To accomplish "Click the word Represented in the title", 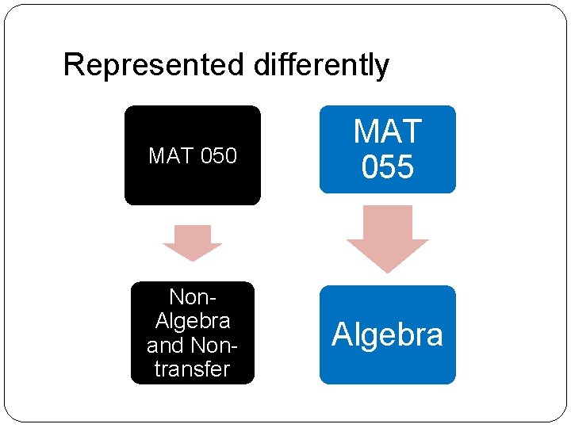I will point(155,65).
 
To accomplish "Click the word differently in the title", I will point(321,65).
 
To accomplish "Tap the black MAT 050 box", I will point(193,155).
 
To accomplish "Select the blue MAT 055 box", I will point(387,149).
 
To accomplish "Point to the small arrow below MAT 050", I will point(192,243).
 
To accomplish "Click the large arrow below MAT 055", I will point(387,239).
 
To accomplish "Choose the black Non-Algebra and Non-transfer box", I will point(193,333).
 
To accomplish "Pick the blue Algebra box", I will point(387,334).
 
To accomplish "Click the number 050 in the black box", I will point(218,156).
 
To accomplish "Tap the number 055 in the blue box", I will point(387,167).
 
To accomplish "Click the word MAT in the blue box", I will point(387,132).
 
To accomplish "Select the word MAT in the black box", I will point(171,156).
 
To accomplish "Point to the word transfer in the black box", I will point(192,369).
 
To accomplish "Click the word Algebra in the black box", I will point(193,321).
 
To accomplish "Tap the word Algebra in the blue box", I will point(387,334).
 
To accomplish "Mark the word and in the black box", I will point(165,345).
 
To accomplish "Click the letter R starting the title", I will point(72,65).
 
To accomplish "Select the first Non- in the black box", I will point(192,297).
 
